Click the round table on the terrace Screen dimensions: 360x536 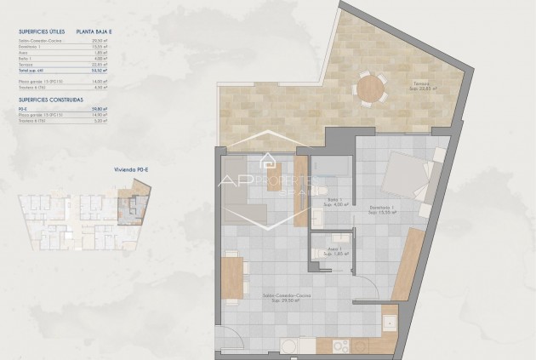[370, 89]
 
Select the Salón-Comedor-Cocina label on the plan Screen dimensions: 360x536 [290, 296]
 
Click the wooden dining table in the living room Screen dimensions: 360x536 [231, 277]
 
